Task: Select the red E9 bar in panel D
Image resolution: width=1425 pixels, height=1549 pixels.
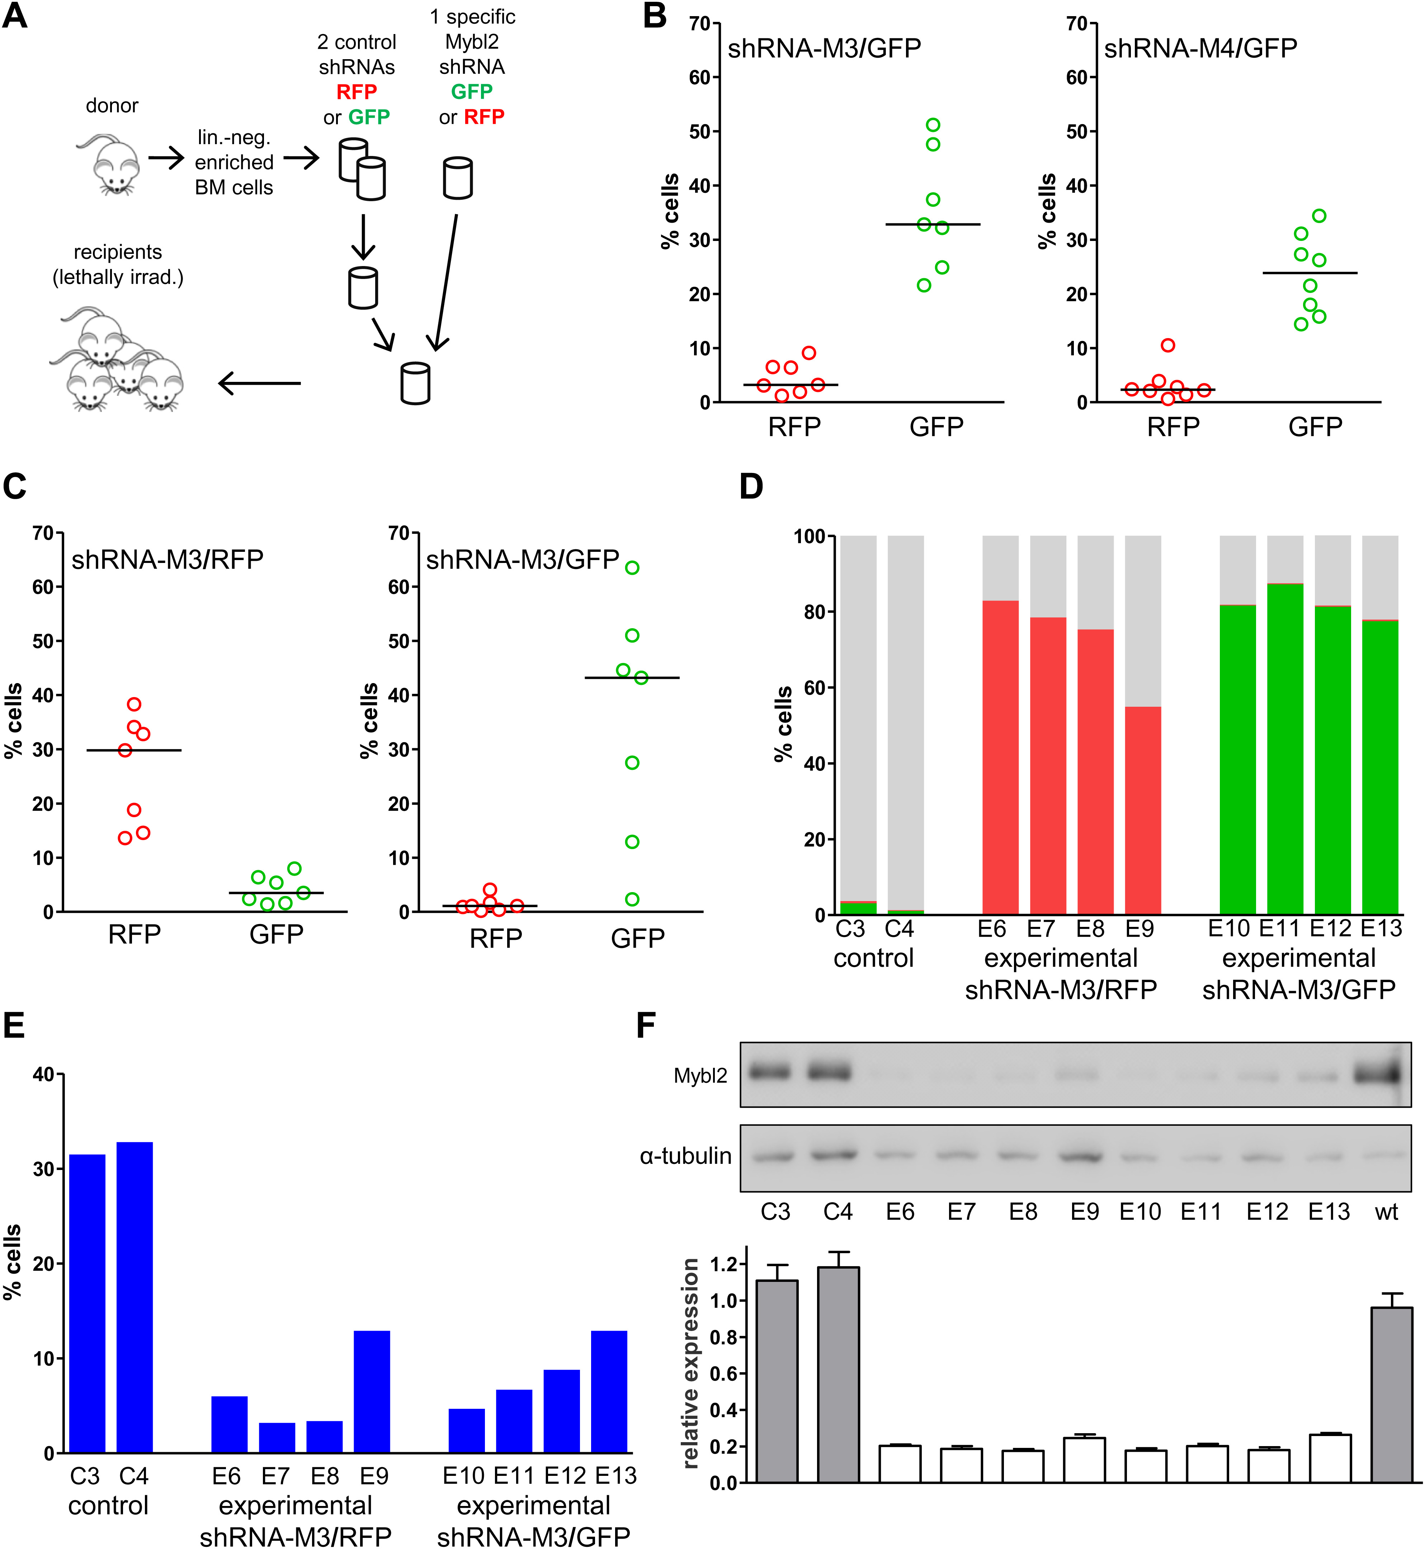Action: click(1142, 810)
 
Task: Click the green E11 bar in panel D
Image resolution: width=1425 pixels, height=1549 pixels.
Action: click(1285, 748)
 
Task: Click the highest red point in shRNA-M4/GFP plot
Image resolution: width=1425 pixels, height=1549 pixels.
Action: click(1167, 345)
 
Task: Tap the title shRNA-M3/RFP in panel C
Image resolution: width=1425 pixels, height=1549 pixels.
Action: click(167, 559)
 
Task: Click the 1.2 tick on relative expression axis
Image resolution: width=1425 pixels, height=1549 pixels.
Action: click(723, 1265)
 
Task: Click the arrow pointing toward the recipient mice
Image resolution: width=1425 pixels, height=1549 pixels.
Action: click(259, 383)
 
